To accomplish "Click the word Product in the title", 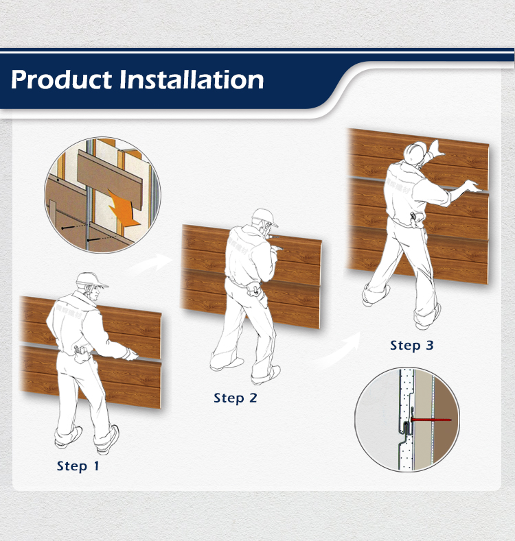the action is tap(61, 80).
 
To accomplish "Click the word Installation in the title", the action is tap(192, 80).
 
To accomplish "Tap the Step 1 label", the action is tap(78, 466).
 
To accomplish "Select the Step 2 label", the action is tap(236, 398).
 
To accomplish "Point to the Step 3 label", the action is tap(411, 346).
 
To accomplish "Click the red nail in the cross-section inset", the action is tap(431, 420).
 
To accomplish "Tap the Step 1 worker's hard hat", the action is tap(91, 280).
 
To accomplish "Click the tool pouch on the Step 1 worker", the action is tap(81, 355).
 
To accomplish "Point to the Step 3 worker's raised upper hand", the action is tap(436, 147).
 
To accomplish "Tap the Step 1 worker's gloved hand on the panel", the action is tap(131, 354).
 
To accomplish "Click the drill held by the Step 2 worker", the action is tap(276, 242).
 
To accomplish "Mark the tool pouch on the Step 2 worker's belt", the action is tap(255, 289).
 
